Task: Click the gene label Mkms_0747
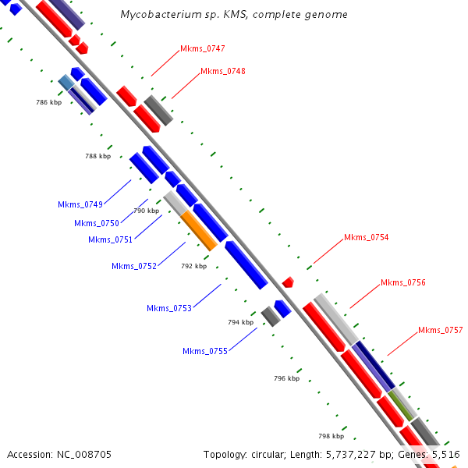click(x=203, y=49)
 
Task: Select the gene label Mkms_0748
click(x=223, y=72)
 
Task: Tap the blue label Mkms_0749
click(x=80, y=204)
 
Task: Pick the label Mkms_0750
click(x=97, y=223)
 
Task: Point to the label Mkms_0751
click(x=110, y=239)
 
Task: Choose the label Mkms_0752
click(x=134, y=266)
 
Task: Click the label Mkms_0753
click(x=169, y=308)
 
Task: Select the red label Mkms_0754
click(x=366, y=237)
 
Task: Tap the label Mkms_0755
click(x=205, y=351)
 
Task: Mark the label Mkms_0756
click(x=403, y=282)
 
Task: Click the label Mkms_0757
click(x=441, y=330)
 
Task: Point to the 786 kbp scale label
click(x=48, y=102)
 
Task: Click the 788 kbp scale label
click(x=97, y=156)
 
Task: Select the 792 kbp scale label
click(x=193, y=266)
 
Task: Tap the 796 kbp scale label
click(x=287, y=378)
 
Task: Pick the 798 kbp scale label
click(x=331, y=436)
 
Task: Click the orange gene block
click(x=199, y=230)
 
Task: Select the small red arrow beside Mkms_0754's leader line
click(x=288, y=282)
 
